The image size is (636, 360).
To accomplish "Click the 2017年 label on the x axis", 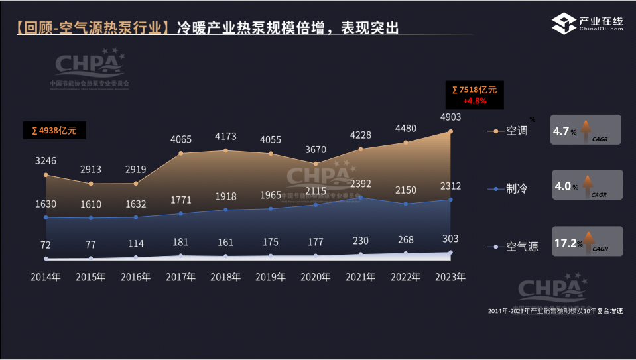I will click(180, 277).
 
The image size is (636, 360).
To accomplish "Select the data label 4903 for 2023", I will click(450, 117).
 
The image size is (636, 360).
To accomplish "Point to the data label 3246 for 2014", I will click(46, 160).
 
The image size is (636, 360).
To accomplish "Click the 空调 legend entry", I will click(517, 131).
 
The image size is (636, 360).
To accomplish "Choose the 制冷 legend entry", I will click(517, 189).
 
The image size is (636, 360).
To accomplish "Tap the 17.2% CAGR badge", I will click(588, 242).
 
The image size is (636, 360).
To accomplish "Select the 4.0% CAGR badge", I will click(588, 185).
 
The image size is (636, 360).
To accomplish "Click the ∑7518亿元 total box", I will click(475, 95).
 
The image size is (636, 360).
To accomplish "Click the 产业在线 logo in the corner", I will click(588, 25).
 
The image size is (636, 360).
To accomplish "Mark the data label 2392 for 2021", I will click(361, 183).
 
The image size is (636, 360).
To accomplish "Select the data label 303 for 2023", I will click(450, 239).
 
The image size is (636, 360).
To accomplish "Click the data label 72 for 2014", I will click(46, 245).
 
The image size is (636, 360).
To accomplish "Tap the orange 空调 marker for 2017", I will click(181, 154).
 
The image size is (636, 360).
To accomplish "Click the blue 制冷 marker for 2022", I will click(406, 204).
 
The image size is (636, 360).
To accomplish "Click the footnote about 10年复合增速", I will click(555, 311).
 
